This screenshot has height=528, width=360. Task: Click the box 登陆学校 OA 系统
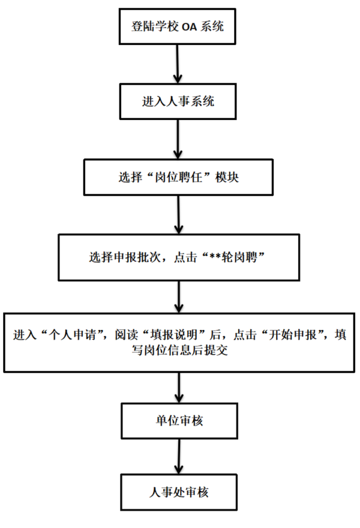click(177, 26)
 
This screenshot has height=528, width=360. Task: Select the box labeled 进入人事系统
click(178, 101)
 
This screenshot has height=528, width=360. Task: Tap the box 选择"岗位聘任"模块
click(178, 177)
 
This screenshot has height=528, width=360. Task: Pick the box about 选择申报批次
click(179, 257)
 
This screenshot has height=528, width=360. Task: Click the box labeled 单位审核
click(179, 421)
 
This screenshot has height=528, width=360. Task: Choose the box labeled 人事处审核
click(179, 493)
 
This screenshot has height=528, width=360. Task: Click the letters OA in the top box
click(189, 27)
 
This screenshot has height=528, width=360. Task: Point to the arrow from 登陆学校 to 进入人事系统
click(178, 64)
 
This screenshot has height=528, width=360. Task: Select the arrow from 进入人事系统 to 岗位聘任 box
click(178, 139)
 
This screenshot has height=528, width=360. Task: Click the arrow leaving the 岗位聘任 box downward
click(178, 215)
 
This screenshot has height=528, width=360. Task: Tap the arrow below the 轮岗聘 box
click(179, 297)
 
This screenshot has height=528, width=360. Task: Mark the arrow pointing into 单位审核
click(179, 388)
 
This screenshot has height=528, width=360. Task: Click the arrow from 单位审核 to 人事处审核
click(179, 457)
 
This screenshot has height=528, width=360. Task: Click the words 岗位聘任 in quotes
click(178, 177)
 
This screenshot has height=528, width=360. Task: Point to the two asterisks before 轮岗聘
click(215, 257)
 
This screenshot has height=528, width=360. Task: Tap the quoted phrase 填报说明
click(174, 335)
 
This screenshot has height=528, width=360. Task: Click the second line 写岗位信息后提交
click(179, 350)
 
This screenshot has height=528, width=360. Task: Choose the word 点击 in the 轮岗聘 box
click(185, 257)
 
